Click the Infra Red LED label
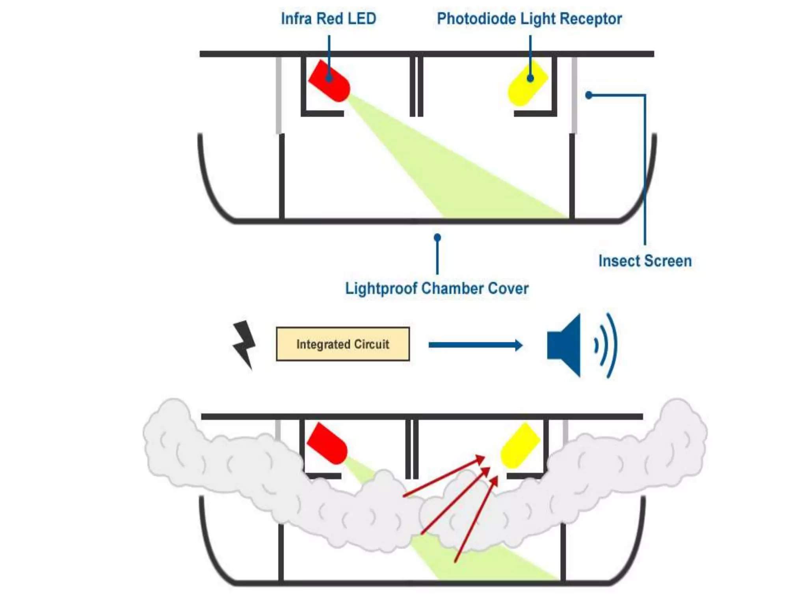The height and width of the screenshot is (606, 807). (328, 19)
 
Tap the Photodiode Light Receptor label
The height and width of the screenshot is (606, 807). (529, 19)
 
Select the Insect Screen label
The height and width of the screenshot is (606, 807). (645, 261)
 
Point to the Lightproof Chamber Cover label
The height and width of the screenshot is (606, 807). (437, 288)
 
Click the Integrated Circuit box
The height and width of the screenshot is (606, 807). (343, 344)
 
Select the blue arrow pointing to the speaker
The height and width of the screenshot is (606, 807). (475, 345)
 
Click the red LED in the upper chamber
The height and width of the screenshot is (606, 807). (329, 81)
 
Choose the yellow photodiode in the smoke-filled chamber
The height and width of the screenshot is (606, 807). (520, 446)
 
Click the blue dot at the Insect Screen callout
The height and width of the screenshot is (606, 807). (589, 95)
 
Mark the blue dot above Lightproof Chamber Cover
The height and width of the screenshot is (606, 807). (437, 238)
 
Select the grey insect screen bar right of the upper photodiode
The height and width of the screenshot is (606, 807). (574, 95)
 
